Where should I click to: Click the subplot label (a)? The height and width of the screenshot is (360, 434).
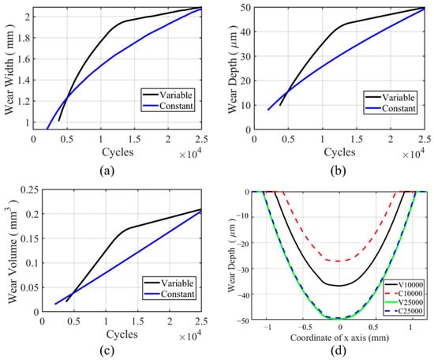tap(107, 171)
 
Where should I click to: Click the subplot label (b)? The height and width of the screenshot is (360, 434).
tap(339, 171)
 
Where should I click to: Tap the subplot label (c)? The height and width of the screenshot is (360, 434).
tap(107, 351)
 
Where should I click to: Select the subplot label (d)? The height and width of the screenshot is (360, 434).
tap(339, 351)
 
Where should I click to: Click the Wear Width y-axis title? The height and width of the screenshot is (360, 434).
tap(10, 69)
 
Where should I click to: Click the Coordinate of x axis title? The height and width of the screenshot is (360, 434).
tap(339, 338)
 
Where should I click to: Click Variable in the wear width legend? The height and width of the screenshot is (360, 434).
tap(176, 95)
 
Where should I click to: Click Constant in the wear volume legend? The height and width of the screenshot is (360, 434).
tap(178, 294)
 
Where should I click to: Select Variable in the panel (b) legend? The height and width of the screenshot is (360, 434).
tap(398, 97)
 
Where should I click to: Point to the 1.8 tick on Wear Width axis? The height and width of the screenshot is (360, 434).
tap(23, 38)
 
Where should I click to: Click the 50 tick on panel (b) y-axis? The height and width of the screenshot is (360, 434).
tap(245, 8)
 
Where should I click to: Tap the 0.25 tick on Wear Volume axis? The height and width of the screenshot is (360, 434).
tap(30, 190)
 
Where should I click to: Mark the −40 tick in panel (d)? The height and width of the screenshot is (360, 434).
tap(243, 294)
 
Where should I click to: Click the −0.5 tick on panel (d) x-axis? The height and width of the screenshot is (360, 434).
tap(305, 328)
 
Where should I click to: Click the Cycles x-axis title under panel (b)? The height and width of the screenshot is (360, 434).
tap(339, 152)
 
